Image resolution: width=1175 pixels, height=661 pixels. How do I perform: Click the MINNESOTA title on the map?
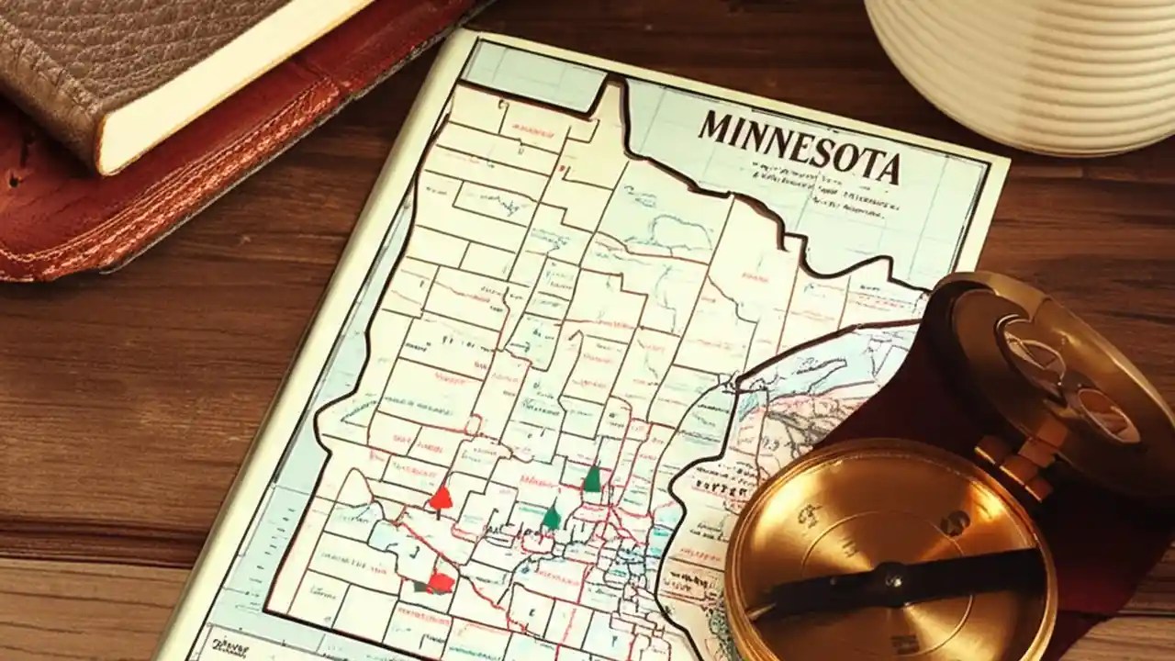pyautogui.click(x=799, y=147)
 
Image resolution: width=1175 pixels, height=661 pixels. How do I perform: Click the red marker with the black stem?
pyautogui.click(x=441, y=499)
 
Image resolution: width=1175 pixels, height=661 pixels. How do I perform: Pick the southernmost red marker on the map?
pyautogui.click(x=442, y=581)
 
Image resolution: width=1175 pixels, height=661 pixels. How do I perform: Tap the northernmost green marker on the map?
pyautogui.click(x=592, y=478)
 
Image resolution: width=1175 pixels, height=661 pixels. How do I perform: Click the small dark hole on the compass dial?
pyautogui.click(x=954, y=522)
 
